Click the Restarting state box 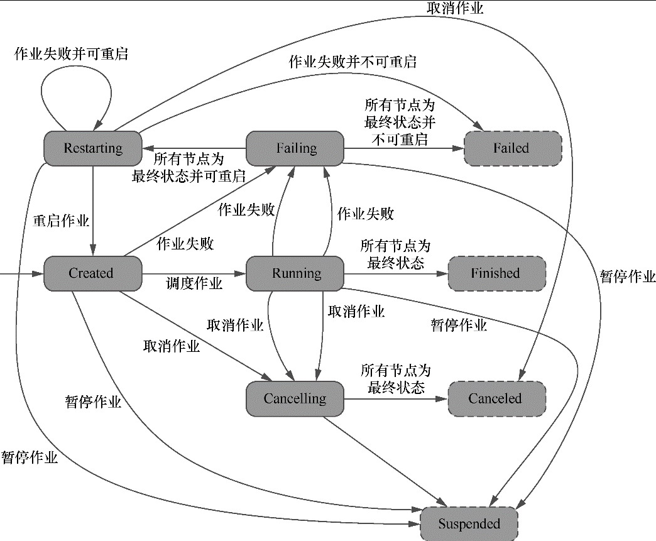click(92, 148)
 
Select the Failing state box click(296, 148)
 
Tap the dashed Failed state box click(511, 148)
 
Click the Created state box click(92, 273)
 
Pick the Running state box click(296, 273)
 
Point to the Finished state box click(496, 273)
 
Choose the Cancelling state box click(295, 398)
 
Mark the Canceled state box click(496, 398)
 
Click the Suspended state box click(469, 523)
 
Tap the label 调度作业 click(194, 284)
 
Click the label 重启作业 click(61, 221)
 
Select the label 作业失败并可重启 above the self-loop click(71, 54)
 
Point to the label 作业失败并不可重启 click(353, 62)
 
